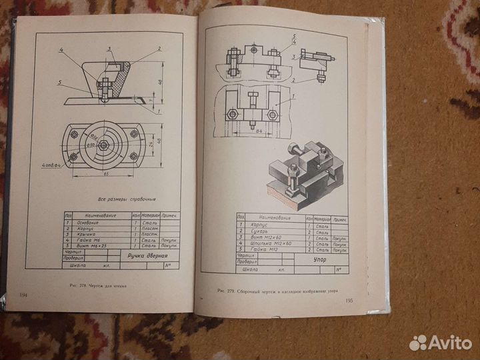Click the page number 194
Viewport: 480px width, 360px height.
pyautogui.click(x=23, y=294)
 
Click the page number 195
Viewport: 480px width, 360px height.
pyautogui.click(x=351, y=301)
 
